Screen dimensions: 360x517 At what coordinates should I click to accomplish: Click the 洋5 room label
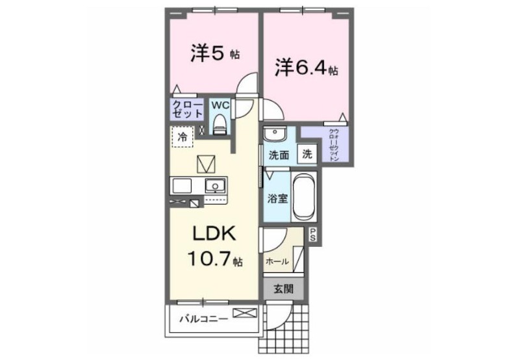(x=208, y=53)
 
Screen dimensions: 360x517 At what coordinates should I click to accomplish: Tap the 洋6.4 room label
(x=299, y=68)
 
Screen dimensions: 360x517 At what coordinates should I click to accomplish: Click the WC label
(x=219, y=105)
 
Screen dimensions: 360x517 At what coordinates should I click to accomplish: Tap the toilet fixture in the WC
(x=220, y=123)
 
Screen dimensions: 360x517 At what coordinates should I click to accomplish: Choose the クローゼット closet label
(x=187, y=109)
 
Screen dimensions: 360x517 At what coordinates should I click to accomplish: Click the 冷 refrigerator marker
(x=183, y=137)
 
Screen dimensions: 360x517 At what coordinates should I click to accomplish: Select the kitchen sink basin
(x=215, y=186)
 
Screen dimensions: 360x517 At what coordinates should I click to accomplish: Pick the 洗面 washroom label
(x=279, y=156)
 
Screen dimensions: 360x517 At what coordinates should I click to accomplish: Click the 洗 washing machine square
(x=307, y=155)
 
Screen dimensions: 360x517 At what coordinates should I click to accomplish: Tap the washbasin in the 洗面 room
(x=276, y=135)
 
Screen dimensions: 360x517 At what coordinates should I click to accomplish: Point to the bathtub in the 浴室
(x=304, y=198)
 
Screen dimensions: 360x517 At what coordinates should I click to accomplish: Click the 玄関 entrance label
(x=283, y=289)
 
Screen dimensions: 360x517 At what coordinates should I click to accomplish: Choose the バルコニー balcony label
(x=204, y=320)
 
